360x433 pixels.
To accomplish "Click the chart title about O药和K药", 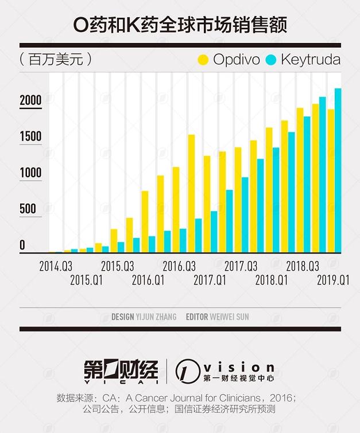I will click(x=180, y=25).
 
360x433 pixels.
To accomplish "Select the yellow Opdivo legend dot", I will click(x=203, y=59).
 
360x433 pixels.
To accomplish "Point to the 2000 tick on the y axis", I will click(x=30, y=101).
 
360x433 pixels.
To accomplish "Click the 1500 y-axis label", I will click(x=30, y=137).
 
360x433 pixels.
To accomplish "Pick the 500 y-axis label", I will click(x=27, y=209).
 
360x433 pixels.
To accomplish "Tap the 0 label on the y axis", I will click(x=22, y=245).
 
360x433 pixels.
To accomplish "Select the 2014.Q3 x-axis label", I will click(x=56, y=267).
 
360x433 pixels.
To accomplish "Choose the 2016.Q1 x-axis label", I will click(x=148, y=280).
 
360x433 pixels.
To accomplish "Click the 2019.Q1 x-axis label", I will click(x=334, y=280).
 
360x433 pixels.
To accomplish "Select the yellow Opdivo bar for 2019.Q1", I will click(x=330, y=181).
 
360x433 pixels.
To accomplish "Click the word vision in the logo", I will click(x=240, y=366).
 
